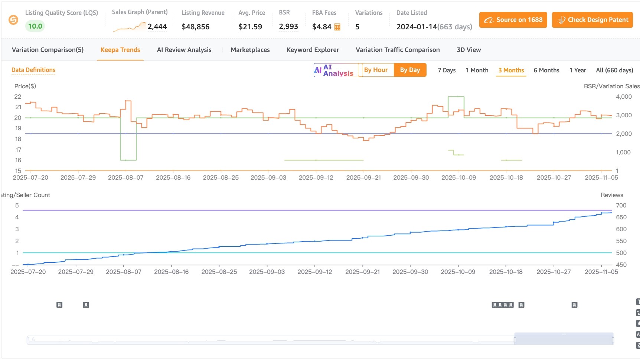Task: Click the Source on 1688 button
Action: (513, 20)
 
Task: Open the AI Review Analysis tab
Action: (184, 50)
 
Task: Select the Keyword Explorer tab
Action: (313, 50)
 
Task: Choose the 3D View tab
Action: (468, 50)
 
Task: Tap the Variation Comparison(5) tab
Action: (48, 50)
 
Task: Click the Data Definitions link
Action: (33, 70)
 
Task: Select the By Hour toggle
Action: (376, 70)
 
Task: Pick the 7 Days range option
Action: (447, 70)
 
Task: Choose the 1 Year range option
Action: (578, 70)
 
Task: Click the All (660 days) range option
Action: (614, 70)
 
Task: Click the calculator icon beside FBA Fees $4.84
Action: (337, 27)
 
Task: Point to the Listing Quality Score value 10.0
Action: (35, 26)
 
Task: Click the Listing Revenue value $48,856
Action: (196, 27)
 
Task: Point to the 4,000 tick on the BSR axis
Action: (624, 96)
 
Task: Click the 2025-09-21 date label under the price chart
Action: (363, 177)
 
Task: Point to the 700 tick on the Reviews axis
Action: (621, 205)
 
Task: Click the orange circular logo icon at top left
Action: (13, 20)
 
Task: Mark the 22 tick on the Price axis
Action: (18, 96)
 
